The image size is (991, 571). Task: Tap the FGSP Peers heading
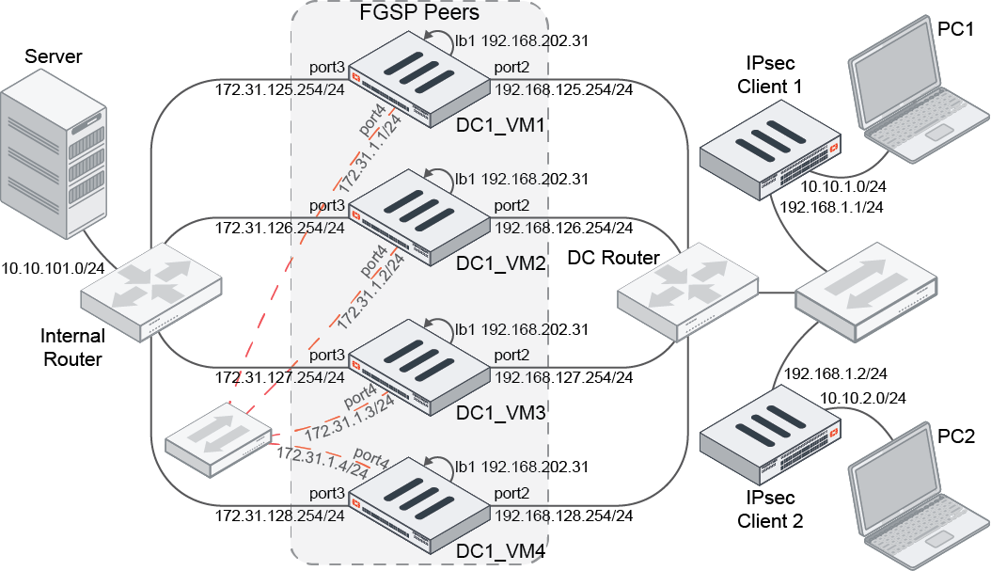pos(419,13)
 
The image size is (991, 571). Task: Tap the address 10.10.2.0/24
pos(863,398)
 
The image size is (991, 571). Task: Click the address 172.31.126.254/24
pos(279,228)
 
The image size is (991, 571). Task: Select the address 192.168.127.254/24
pos(563,378)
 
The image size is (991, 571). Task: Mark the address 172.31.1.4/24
pos(322,463)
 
